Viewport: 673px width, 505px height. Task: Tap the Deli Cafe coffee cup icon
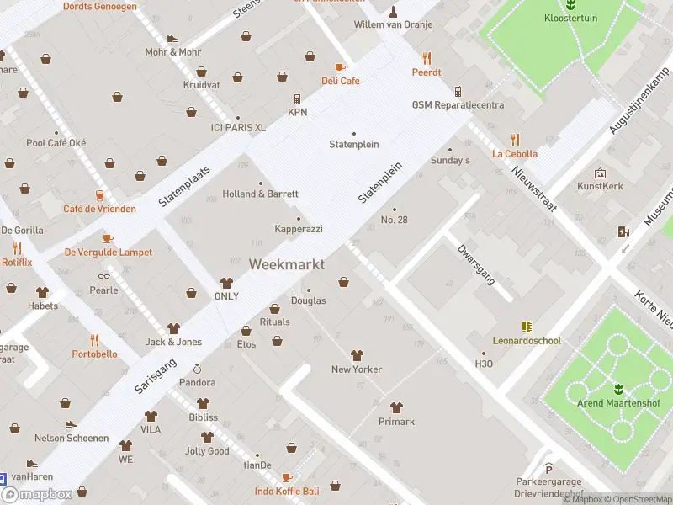tap(340, 67)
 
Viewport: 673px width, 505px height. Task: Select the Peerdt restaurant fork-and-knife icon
tap(427, 58)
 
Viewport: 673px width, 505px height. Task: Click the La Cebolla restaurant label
tap(515, 154)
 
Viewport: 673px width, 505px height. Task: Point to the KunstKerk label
tap(601, 186)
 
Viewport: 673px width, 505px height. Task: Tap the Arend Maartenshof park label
tap(618, 403)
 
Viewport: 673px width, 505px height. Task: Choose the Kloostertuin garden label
tap(570, 18)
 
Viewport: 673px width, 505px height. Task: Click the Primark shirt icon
tap(396, 407)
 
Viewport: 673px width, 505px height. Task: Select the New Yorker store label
tap(357, 369)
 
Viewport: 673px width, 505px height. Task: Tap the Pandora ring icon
tap(197, 369)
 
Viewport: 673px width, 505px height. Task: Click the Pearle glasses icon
tap(104, 276)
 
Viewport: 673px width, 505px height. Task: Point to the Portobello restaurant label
tap(94, 354)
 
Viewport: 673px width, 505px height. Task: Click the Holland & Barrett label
tap(260, 194)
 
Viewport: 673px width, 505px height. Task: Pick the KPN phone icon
tap(298, 98)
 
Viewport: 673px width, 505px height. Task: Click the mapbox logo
tap(37, 495)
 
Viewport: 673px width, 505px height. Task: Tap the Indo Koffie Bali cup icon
tap(287, 477)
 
